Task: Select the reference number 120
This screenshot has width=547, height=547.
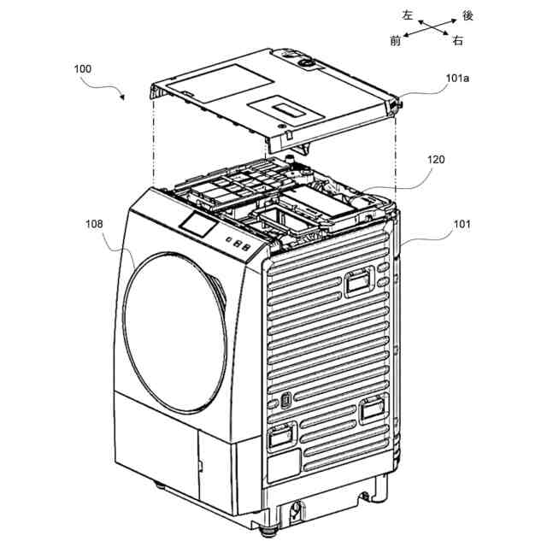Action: point(436,160)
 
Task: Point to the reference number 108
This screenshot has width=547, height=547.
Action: point(93,224)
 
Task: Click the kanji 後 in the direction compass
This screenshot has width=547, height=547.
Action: point(467,15)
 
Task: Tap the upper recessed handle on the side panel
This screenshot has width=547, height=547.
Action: point(357,279)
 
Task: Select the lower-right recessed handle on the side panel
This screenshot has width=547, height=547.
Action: point(372,410)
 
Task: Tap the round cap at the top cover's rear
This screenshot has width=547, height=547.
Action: point(304,62)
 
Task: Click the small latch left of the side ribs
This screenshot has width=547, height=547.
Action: point(285,400)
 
